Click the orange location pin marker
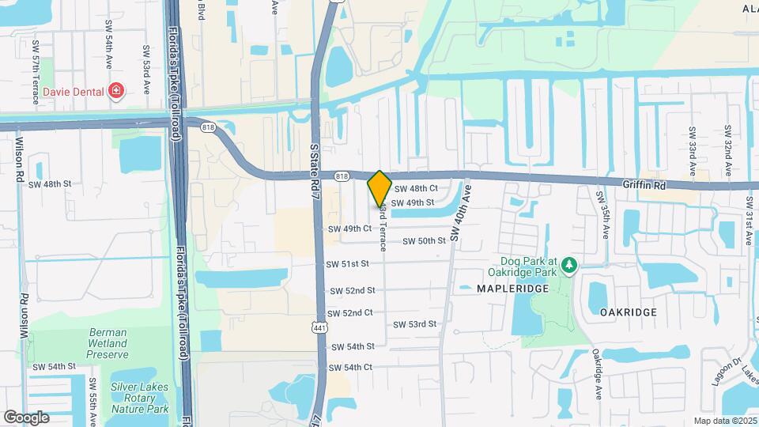[x=379, y=188]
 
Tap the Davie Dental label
[x=74, y=92]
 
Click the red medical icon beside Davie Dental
[x=116, y=92]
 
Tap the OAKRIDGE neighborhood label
[x=629, y=312]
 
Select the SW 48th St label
[x=50, y=184]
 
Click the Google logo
[x=26, y=417]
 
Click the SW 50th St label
[x=425, y=241]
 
